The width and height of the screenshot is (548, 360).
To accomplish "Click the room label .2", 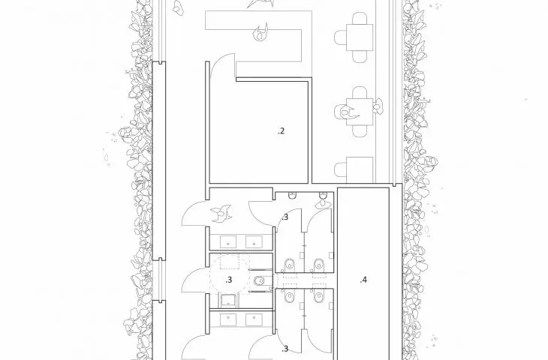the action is [x=281, y=131].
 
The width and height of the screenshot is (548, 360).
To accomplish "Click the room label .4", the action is [x=363, y=280].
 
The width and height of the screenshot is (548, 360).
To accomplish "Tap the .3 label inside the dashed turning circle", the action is [x=228, y=280].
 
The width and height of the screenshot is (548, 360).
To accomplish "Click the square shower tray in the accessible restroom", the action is [x=228, y=300].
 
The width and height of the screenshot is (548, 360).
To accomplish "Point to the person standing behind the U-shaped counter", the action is [x=260, y=32].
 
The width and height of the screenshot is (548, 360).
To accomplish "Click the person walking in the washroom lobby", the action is [x=221, y=213].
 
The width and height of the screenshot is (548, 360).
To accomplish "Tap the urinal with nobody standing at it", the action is [x=292, y=196].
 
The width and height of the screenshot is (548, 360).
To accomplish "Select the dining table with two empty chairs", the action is [x=360, y=37].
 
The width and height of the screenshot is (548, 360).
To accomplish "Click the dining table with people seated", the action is [x=360, y=112].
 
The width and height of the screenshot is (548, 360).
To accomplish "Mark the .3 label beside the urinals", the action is [x=285, y=217].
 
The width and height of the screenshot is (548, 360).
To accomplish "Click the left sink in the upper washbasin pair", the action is [x=228, y=241].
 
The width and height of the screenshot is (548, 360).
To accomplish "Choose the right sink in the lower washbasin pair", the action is [x=254, y=319].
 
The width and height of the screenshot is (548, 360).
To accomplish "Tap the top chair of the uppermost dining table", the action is [x=360, y=19].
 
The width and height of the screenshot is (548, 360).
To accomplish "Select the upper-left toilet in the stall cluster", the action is [x=289, y=264].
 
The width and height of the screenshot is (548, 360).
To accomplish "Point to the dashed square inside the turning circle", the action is [x=235, y=262].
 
